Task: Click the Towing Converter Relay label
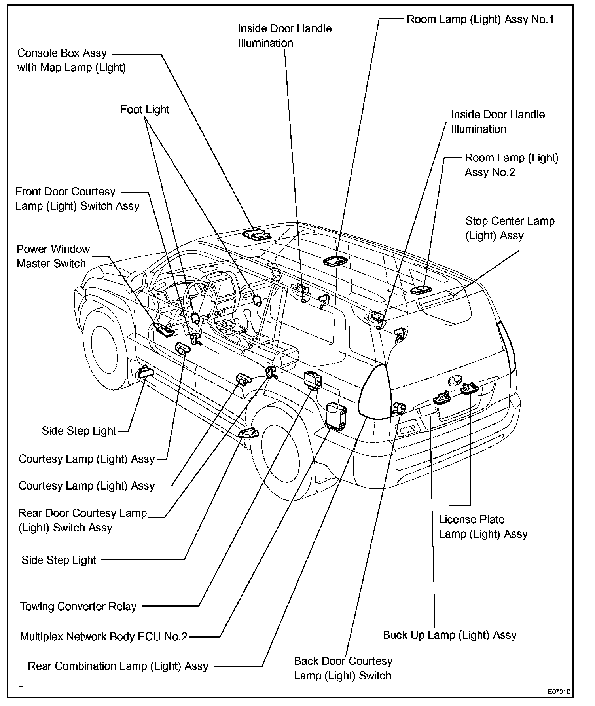78,607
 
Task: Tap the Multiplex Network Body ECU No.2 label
104,637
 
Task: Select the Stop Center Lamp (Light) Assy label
510,228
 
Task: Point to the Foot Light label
145,110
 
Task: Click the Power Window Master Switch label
53,256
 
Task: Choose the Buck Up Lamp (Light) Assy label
450,635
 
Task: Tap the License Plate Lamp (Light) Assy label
483,527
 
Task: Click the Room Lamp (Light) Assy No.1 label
480,19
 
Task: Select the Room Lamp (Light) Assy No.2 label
512,165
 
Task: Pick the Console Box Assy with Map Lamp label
72,60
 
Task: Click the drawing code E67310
559,692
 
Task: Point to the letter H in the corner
21,687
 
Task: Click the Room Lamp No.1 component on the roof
336,261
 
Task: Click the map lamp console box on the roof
257,235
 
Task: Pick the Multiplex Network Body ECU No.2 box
335,415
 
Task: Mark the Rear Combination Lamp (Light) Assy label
118,666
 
